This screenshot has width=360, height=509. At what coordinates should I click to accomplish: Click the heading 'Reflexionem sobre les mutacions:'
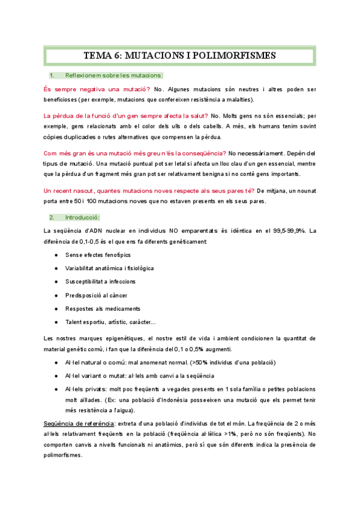113,75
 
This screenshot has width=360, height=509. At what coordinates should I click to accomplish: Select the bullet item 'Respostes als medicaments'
100,309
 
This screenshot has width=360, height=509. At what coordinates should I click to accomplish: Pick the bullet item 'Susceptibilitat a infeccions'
100,282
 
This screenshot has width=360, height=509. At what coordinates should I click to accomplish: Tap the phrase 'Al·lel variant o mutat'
95,376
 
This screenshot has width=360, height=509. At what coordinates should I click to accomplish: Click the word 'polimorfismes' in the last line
64,456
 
